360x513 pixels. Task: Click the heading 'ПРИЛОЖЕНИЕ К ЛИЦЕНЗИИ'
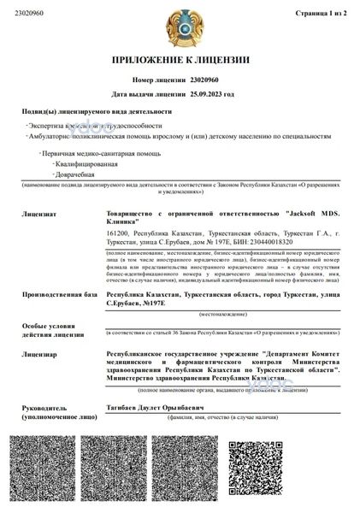[x=180, y=61]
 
